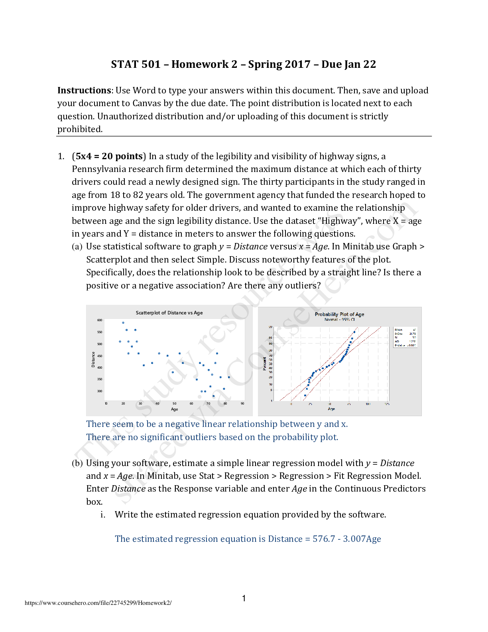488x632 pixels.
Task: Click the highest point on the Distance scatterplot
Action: coord(123,322)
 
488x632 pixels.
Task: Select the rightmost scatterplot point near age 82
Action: coord(229,377)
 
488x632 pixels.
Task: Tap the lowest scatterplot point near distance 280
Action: coord(214,396)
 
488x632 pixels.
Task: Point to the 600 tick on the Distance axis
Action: coord(100,320)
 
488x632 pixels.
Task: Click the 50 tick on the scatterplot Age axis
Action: coord(175,403)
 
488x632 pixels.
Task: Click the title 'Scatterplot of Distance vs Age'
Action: coord(169,313)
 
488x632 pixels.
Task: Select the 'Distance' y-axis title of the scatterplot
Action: coord(93,359)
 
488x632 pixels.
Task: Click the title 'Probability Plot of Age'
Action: coord(339,314)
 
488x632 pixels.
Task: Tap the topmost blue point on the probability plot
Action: coord(354,332)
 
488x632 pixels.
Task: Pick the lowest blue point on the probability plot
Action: coord(305,395)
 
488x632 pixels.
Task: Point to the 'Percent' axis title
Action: coord(264,363)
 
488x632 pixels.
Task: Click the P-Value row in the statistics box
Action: coord(405,346)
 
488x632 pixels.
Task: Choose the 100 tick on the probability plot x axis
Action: coord(368,404)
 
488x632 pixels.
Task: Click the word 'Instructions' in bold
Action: coord(84,91)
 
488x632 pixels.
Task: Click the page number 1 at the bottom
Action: coord(244,598)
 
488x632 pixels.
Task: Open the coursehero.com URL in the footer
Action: coord(98,603)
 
